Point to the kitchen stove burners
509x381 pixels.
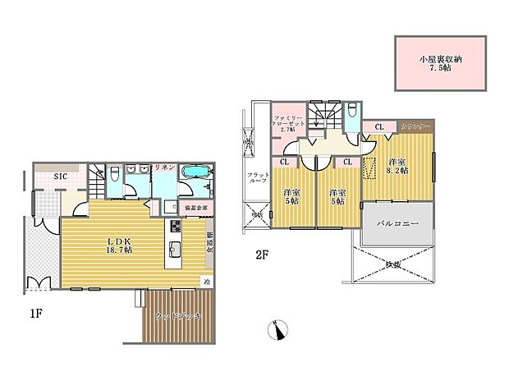coord(175,226)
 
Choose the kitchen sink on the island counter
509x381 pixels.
coord(175,249)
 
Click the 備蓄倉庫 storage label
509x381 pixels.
coord(195,208)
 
